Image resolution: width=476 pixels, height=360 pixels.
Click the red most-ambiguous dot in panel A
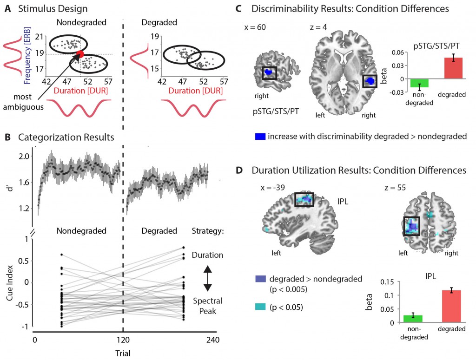pos(80,54)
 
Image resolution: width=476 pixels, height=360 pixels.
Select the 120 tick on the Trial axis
pos(124,340)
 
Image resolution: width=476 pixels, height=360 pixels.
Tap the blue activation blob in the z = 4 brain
pos(370,81)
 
